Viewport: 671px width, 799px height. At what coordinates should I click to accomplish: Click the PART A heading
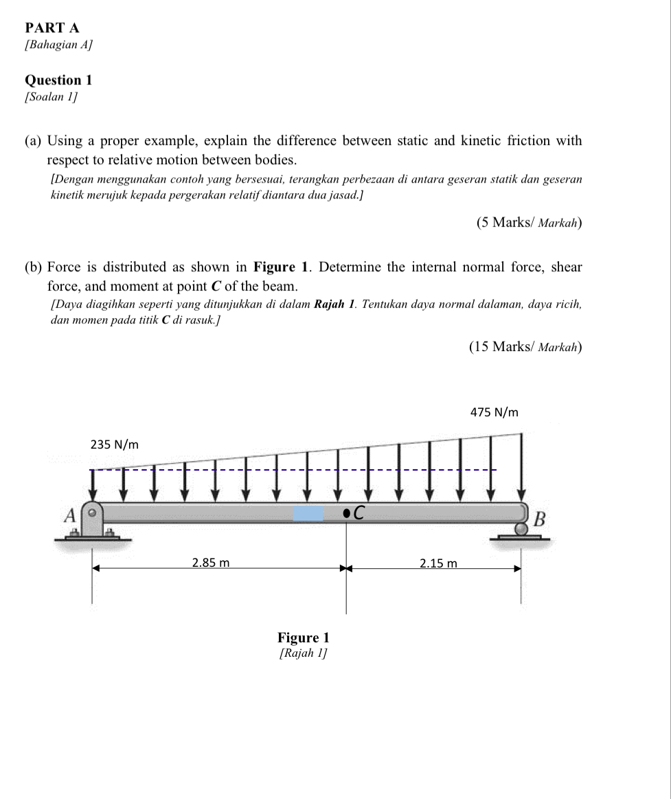coord(52,27)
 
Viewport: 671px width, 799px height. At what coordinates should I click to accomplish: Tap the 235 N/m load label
coord(115,444)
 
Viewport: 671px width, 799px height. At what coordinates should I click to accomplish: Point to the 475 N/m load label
coord(494,412)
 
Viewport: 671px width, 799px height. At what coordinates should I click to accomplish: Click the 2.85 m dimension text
coord(210,563)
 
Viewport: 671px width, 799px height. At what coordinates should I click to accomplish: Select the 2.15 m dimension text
coord(438,563)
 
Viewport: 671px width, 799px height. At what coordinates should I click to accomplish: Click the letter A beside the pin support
coord(69,515)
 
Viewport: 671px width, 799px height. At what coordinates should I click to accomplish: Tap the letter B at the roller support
coord(539,519)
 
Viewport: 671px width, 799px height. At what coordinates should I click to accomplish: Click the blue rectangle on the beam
coord(308,513)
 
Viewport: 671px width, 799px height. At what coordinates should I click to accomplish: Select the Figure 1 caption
coord(303,638)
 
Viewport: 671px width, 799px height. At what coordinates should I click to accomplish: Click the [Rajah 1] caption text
coord(303,653)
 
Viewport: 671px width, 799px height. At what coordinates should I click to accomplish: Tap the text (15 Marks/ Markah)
coord(525,346)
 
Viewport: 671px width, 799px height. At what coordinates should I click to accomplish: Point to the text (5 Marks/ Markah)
coord(529,223)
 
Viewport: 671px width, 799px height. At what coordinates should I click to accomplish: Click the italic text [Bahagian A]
coord(58,45)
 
